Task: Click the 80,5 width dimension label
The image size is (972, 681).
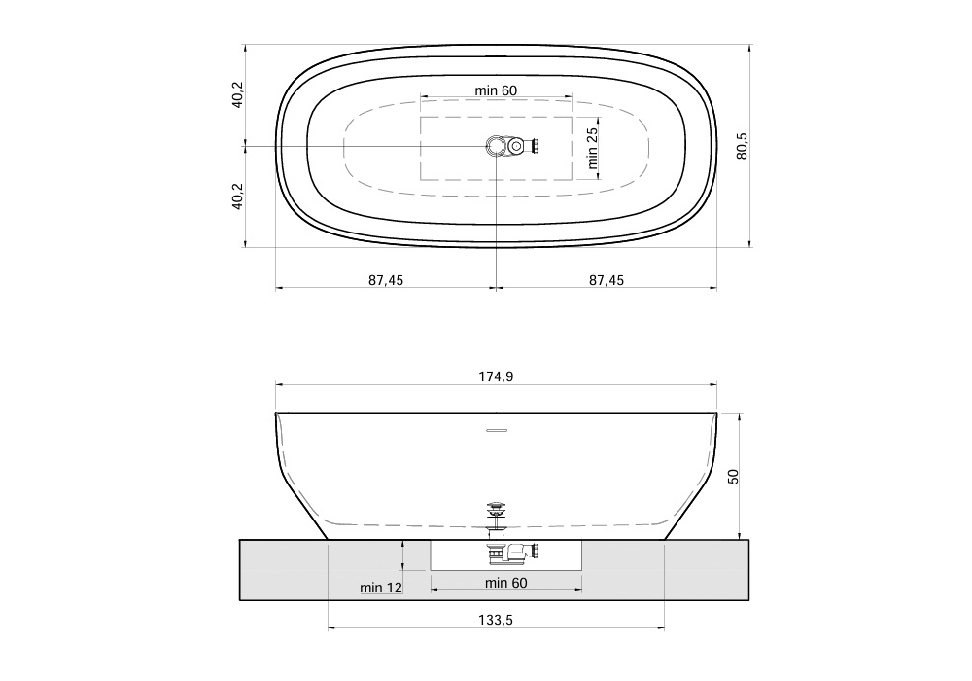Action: (x=742, y=146)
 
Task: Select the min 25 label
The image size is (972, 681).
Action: (x=593, y=148)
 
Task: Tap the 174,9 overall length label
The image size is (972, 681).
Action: (x=496, y=376)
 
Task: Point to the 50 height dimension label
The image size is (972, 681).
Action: (x=733, y=477)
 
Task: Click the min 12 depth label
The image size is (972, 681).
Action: (x=381, y=588)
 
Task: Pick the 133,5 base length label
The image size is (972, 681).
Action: (x=496, y=620)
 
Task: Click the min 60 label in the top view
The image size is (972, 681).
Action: (x=496, y=90)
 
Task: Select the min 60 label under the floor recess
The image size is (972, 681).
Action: (x=506, y=583)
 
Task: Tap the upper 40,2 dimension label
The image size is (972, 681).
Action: (x=238, y=95)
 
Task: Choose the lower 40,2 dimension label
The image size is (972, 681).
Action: (x=238, y=196)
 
